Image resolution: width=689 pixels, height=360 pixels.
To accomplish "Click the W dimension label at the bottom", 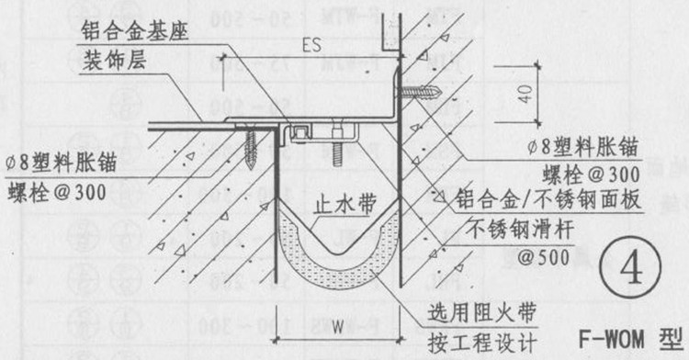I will pyautogui.click(x=338, y=327).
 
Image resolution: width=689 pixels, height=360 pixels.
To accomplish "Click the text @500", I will pyautogui.click(x=518, y=259).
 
